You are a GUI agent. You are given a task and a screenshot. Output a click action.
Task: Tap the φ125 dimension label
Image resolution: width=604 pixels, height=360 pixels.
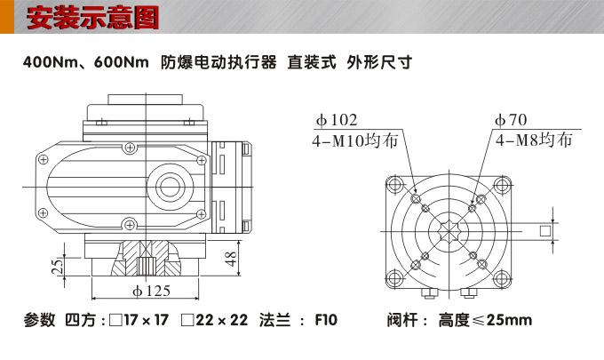151,291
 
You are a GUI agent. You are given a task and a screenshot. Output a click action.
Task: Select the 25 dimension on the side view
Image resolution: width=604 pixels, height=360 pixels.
57,267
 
